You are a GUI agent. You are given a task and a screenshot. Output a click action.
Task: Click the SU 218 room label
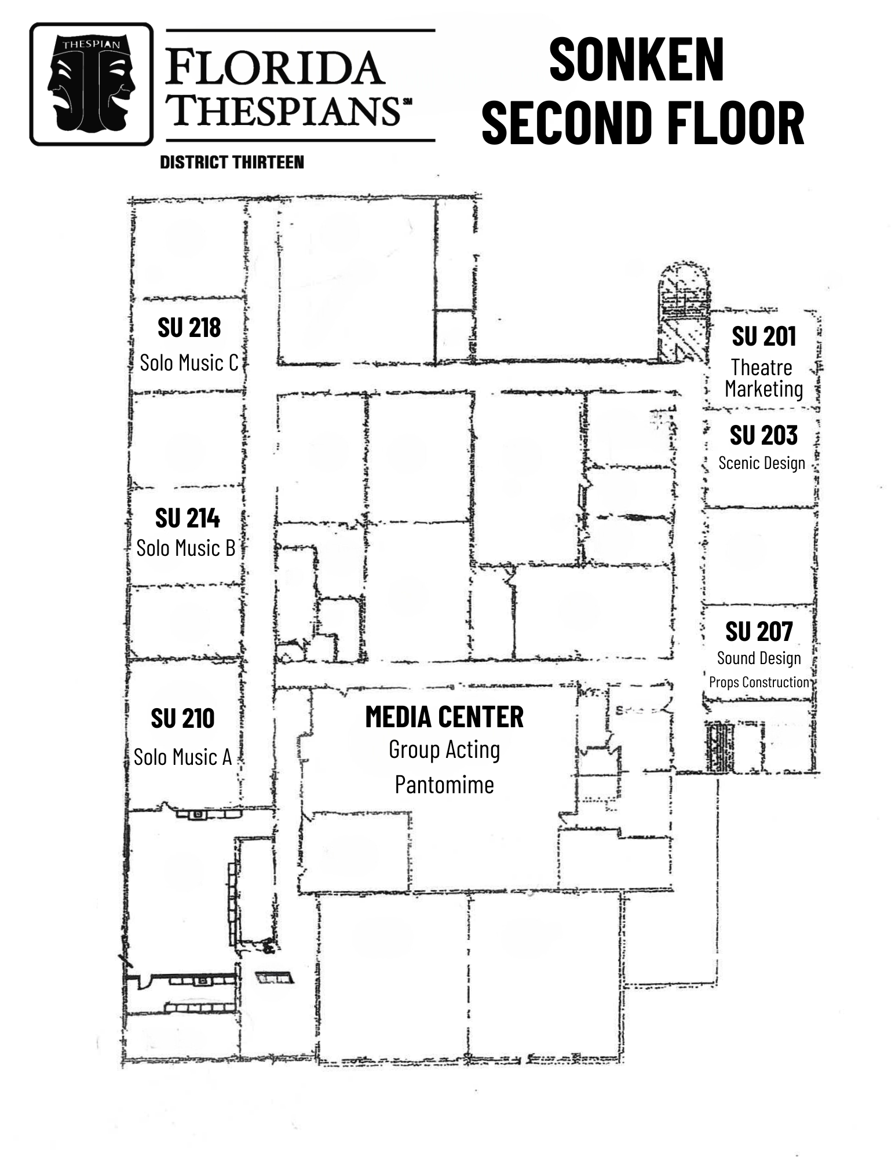coord(189,328)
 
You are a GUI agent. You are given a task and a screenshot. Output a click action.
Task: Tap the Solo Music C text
coord(189,363)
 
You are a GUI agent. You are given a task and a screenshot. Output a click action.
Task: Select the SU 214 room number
coord(187,518)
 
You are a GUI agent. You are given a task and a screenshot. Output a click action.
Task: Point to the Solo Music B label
coord(185,548)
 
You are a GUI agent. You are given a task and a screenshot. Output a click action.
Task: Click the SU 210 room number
coord(182,719)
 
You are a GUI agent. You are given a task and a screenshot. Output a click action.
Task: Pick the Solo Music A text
coord(182,757)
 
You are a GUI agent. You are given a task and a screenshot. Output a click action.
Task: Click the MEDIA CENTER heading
coord(444,717)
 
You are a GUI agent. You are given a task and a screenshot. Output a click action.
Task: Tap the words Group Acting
coord(444,750)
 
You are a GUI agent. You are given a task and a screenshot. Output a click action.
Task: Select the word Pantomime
coord(444,785)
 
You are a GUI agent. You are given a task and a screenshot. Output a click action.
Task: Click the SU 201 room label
coord(764,336)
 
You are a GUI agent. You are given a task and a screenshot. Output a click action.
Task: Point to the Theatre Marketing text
coord(763,378)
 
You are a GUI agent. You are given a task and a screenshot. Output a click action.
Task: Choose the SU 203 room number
coord(764,435)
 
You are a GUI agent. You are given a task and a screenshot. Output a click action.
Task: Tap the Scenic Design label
coord(761,463)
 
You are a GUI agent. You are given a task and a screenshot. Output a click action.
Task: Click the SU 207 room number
coord(759,632)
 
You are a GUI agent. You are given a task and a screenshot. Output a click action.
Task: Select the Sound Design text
coord(759,658)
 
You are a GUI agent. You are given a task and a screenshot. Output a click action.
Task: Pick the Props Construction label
coord(759,682)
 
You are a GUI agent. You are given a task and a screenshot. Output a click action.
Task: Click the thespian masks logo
coord(92,84)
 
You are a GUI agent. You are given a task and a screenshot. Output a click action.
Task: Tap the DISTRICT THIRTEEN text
coord(232,162)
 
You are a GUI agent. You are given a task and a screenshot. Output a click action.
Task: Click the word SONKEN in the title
coord(636,60)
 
